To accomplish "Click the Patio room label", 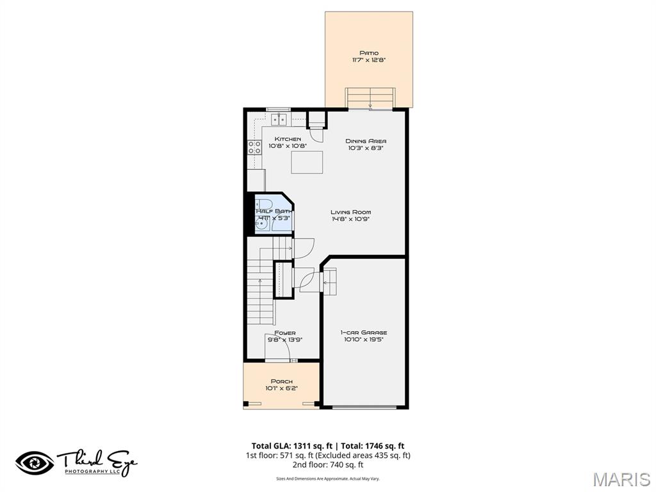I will [x=368, y=53].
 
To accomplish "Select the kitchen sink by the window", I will [x=279, y=119].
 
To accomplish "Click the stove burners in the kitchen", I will [x=254, y=149].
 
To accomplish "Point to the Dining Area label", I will [x=366, y=141].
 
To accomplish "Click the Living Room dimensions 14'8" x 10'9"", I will [x=350, y=219].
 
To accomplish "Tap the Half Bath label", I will [x=274, y=211].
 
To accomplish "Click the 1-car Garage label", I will [x=363, y=332].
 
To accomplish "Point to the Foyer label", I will [x=285, y=333].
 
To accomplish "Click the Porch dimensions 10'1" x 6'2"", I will [x=281, y=388].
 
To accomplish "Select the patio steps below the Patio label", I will [x=370, y=99].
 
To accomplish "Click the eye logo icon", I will [x=34, y=463].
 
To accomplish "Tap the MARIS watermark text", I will [x=621, y=479].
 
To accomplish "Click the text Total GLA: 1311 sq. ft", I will [x=291, y=446].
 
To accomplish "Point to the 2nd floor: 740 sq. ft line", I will [x=327, y=465].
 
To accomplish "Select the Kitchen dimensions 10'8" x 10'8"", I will [x=288, y=147].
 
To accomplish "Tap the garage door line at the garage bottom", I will [x=364, y=406].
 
